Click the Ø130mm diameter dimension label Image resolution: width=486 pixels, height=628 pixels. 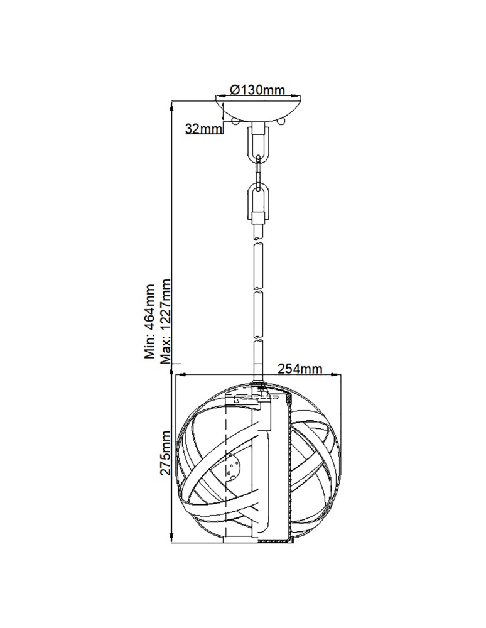257,90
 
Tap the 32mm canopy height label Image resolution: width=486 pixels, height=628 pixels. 204,129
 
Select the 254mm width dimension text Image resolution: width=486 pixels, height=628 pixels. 301,369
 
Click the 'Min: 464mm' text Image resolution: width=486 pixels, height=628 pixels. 150,321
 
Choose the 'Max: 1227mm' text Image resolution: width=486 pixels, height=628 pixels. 166,321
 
